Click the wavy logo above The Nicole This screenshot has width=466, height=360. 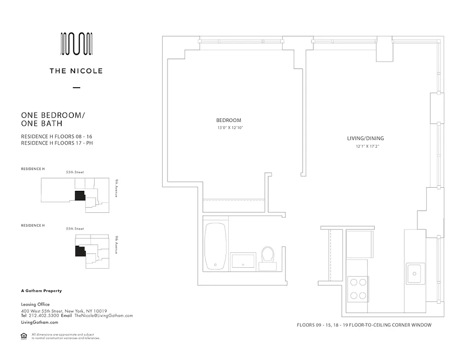77,44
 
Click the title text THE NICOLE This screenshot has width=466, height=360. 77,71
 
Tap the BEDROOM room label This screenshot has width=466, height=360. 229,120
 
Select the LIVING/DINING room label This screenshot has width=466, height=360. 368,139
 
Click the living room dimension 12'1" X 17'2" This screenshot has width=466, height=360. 368,146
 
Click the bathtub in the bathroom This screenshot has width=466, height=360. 215,247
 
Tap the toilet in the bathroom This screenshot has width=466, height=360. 268,257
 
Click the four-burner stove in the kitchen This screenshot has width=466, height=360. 358,289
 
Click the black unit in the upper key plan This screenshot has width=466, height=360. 80,196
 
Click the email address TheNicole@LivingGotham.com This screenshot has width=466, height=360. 104,316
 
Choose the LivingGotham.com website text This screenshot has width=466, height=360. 40,323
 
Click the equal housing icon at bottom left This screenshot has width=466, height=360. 24,336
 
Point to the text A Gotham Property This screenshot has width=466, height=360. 41,291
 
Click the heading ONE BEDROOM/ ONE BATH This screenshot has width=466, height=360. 53,119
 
